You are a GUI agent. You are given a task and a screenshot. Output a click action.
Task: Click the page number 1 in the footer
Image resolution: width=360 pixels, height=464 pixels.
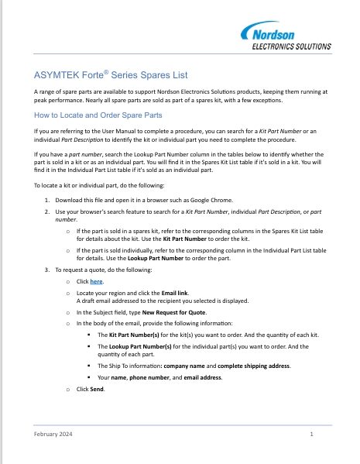pyautogui.click(x=310, y=436)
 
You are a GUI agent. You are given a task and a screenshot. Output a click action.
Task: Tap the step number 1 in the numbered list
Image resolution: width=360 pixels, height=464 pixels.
pyautogui.click(x=46, y=200)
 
